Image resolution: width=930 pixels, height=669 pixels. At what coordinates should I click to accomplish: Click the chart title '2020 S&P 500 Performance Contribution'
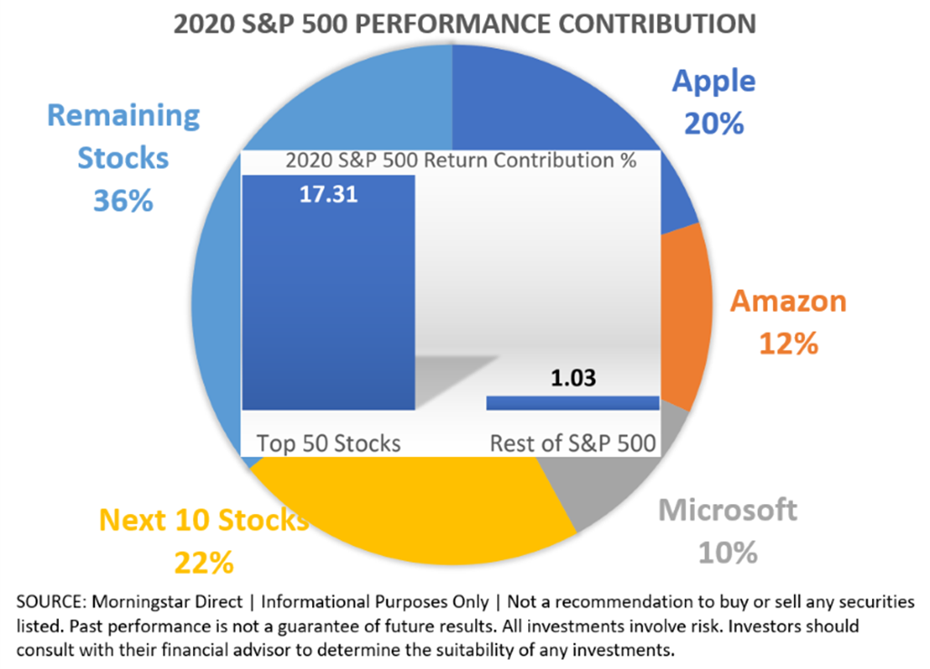point(465,23)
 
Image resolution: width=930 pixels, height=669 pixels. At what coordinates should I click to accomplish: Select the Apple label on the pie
point(713,82)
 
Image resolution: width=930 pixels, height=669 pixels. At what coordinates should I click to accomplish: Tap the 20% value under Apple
point(714,122)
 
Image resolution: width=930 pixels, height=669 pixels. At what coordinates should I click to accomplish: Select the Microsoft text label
point(728,509)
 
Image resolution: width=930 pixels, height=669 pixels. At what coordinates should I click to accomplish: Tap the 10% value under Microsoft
point(728,551)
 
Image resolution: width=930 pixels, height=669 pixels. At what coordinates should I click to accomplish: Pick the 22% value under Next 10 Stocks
point(203,562)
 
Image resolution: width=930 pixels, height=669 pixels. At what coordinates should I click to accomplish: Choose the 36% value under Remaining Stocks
point(122,199)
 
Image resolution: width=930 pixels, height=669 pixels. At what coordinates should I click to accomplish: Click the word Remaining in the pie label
point(122,116)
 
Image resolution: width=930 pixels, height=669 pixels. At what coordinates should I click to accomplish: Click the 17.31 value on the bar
point(328,194)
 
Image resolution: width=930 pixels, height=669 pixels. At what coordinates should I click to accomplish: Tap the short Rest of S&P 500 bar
point(573,402)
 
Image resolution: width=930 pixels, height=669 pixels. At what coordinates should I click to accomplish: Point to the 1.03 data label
point(573,378)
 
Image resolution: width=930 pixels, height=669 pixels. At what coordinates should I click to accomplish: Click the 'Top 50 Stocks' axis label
point(328,443)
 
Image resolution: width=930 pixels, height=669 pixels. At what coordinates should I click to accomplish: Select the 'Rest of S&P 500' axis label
point(573,444)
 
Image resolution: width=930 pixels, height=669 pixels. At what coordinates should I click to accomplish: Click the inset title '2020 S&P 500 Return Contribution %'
point(460,161)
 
